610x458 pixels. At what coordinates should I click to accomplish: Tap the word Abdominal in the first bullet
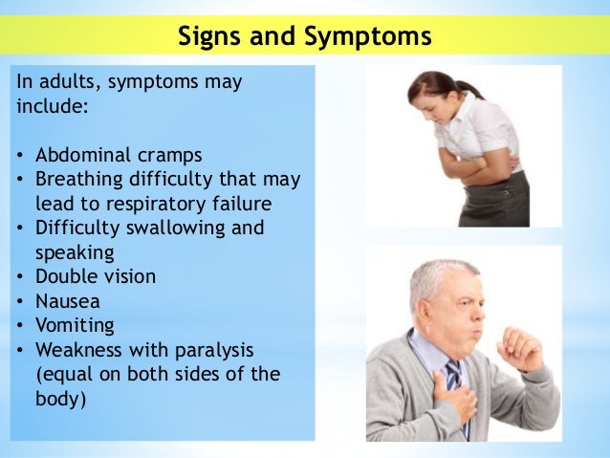[80, 155]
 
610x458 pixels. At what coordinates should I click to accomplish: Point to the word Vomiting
[75, 325]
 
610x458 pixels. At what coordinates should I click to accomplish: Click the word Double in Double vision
[66, 276]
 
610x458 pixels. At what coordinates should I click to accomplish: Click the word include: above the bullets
[54, 106]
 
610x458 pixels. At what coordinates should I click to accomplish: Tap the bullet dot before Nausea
[21, 301]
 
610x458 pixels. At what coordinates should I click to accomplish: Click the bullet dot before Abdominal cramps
[21, 155]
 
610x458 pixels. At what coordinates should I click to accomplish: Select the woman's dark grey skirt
[498, 204]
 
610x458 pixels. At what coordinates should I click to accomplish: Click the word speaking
[75, 252]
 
